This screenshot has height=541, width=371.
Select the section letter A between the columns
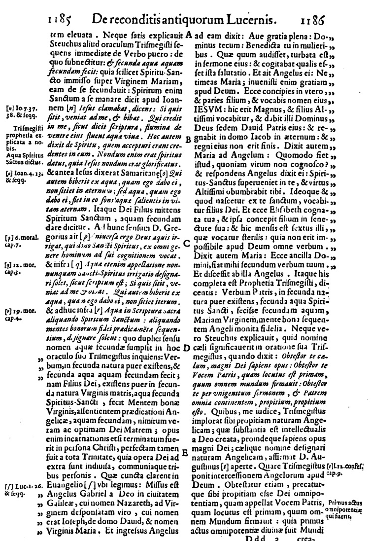(189, 36)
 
